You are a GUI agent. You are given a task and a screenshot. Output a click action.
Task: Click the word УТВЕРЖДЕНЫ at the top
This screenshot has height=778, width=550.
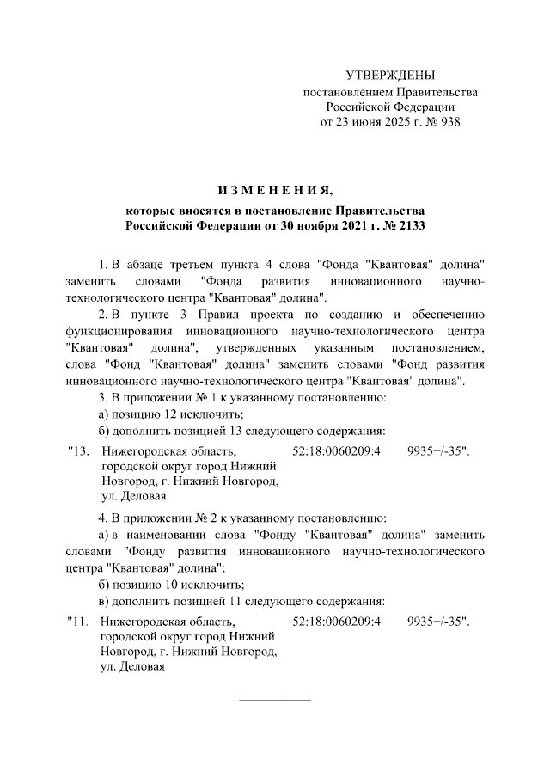coord(389,76)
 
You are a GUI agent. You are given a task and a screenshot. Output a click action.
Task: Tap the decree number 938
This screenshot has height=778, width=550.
coord(450,121)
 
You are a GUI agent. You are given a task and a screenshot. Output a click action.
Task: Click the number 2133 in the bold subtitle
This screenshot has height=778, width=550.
coord(412,225)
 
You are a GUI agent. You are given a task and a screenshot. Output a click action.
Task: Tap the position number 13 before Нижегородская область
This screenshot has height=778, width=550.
coord(80,450)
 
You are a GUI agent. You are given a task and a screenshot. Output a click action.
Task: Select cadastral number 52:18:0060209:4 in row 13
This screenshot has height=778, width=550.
coord(337,450)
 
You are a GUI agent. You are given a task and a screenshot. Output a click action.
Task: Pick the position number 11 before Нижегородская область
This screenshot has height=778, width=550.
coord(80,620)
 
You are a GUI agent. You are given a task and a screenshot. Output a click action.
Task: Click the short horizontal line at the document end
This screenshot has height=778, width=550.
coord(274,697)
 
